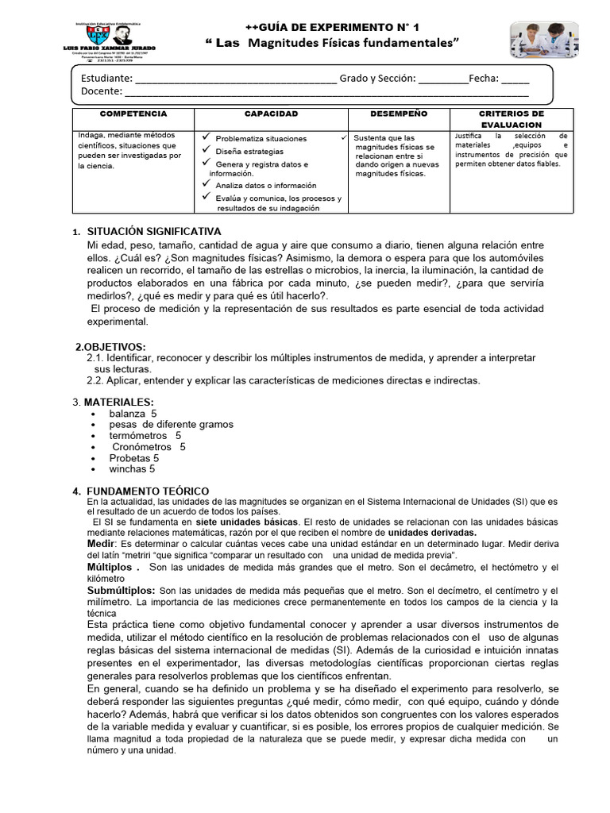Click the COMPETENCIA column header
pos(133,114)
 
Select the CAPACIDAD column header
pos(271,114)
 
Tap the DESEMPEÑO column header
pos(398,114)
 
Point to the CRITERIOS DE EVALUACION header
pos(511,119)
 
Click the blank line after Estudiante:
pos(235,79)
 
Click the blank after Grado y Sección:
pos(442,79)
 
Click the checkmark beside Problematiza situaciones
pos(207,138)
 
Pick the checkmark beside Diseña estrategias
pos(207,150)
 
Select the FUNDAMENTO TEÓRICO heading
pos(148,491)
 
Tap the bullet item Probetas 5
pos(134,458)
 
